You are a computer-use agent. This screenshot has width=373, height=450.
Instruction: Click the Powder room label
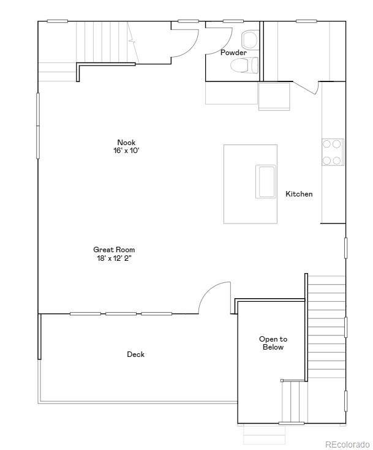pos(233,53)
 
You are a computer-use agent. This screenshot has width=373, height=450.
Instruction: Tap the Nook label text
pos(126,142)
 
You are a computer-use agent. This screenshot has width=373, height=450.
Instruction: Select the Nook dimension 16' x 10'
pos(126,151)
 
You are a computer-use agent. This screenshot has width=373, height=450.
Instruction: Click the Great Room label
pos(114,250)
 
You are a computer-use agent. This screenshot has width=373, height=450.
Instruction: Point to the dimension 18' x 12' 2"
pos(115,258)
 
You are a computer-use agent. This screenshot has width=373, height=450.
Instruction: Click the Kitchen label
pos(299,194)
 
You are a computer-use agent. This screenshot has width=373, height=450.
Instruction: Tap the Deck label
pos(135,354)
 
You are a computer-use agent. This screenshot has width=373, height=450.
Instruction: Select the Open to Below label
pos(273,343)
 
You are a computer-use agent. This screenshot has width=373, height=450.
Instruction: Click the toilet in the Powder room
pos(244,65)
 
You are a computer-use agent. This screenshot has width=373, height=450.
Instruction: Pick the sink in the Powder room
pos(249,40)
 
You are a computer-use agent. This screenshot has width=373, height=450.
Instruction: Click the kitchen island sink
pos(266,181)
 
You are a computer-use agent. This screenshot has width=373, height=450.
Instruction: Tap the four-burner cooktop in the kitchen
pos(333,152)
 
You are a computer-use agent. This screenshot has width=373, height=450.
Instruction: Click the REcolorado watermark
pos(347,444)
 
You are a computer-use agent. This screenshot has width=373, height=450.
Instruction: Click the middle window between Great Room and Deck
pos(121,313)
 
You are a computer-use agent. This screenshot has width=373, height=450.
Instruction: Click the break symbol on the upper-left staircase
pos(132,41)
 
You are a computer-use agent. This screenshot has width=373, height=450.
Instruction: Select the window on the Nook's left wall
pos(37,126)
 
